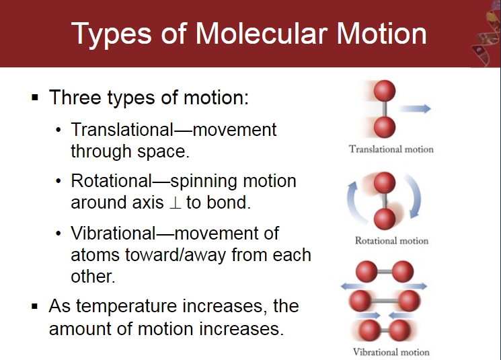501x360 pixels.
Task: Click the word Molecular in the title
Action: point(262,33)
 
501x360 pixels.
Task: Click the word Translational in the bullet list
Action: point(122,129)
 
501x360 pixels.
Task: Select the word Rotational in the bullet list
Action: point(112,180)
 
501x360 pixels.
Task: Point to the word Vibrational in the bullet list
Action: point(113,233)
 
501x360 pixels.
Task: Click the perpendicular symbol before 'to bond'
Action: point(175,203)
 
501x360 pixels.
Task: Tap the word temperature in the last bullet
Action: point(126,306)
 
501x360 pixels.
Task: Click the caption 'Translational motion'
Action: point(391,149)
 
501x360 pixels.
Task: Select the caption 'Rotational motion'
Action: point(391,240)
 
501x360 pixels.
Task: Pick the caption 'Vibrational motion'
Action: point(391,352)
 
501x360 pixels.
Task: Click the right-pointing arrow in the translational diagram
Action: point(415,109)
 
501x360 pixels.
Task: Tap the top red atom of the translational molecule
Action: point(385,91)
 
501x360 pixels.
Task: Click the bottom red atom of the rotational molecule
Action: point(385,219)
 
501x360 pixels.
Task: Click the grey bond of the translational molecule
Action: point(385,109)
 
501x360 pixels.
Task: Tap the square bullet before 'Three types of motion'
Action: point(35,97)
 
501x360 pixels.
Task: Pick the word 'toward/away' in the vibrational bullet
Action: point(176,255)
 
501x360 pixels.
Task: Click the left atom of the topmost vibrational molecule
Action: point(366,271)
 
